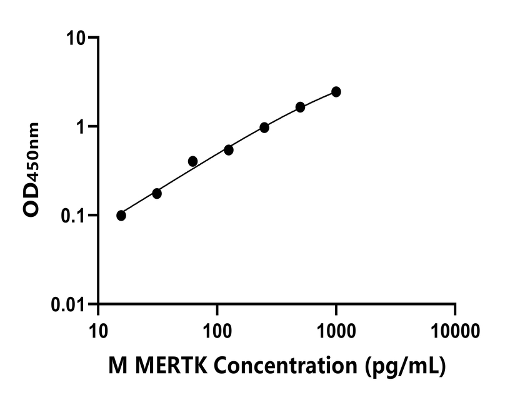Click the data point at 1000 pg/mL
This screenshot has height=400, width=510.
tap(336, 92)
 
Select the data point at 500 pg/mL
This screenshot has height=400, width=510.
tap(301, 107)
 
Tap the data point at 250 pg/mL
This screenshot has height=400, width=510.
tap(264, 127)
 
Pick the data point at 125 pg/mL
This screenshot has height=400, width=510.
tap(229, 150)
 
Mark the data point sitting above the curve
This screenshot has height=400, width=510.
tap(192, 161)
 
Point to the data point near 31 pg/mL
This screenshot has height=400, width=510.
tap(157, 194)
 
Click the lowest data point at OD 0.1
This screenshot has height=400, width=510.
tap(121, 216)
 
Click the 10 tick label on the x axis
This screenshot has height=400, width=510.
tap(98, 329)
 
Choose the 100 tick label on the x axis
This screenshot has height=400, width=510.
tap(217, 329)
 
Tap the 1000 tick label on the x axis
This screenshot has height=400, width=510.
tap(336, 329)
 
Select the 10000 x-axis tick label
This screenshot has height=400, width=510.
tap(455, 329)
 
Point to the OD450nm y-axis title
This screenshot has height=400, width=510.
tap(32, 169)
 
